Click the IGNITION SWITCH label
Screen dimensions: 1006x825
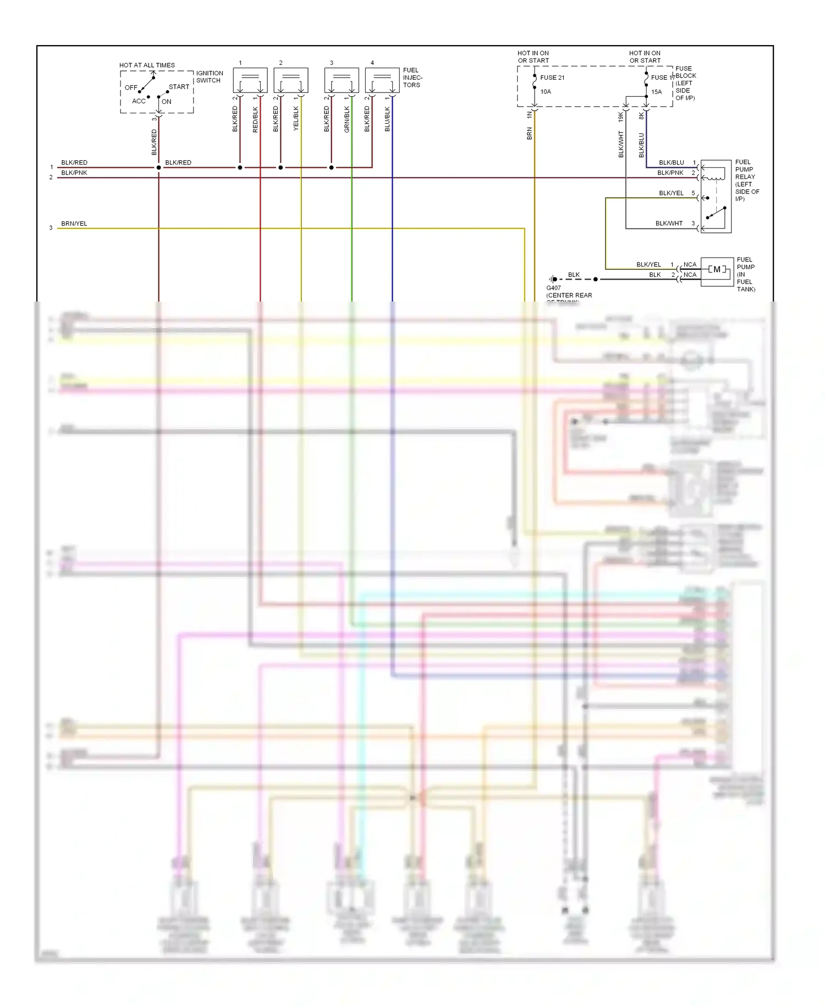coord(210,76)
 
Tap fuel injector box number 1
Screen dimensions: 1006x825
coord(250,80)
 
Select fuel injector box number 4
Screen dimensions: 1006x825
coord(382,80)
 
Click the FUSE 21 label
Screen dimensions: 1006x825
coord(552,78)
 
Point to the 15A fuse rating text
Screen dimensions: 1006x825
coord(657,92)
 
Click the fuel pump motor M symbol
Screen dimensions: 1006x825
coord(717,270)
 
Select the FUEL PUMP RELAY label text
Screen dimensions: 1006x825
coord(747,181)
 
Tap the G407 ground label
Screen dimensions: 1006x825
coord(553,288)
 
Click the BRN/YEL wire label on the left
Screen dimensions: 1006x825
coord(74,223)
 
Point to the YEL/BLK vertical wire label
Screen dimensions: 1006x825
coord(296,118)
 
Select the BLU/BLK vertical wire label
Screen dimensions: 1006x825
coord(387,119)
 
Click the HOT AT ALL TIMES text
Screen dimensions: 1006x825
coord(147,65)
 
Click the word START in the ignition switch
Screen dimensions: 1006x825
coord(179,87)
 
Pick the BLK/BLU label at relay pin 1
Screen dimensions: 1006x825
coord(671,162)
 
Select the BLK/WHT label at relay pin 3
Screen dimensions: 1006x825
coord(669,223)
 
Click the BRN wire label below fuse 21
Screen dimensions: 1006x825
coord(530,133)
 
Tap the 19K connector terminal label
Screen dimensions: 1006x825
coord(621,117)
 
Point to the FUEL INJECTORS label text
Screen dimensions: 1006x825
coord(412,78)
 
